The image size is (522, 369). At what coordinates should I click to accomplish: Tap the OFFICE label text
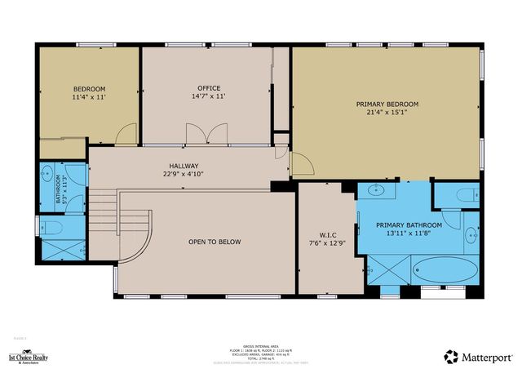click(x=209, y=88)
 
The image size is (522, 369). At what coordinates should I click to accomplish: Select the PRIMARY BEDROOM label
click(x=387, y=104)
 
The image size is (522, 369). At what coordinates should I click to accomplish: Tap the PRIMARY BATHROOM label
click(x=409, y=225)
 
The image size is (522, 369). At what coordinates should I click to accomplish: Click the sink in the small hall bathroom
click(x=48, y=175)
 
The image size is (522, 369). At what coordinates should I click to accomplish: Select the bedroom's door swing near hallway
click(x=126, y=136)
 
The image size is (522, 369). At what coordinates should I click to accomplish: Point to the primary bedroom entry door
click(x=302, y=163)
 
